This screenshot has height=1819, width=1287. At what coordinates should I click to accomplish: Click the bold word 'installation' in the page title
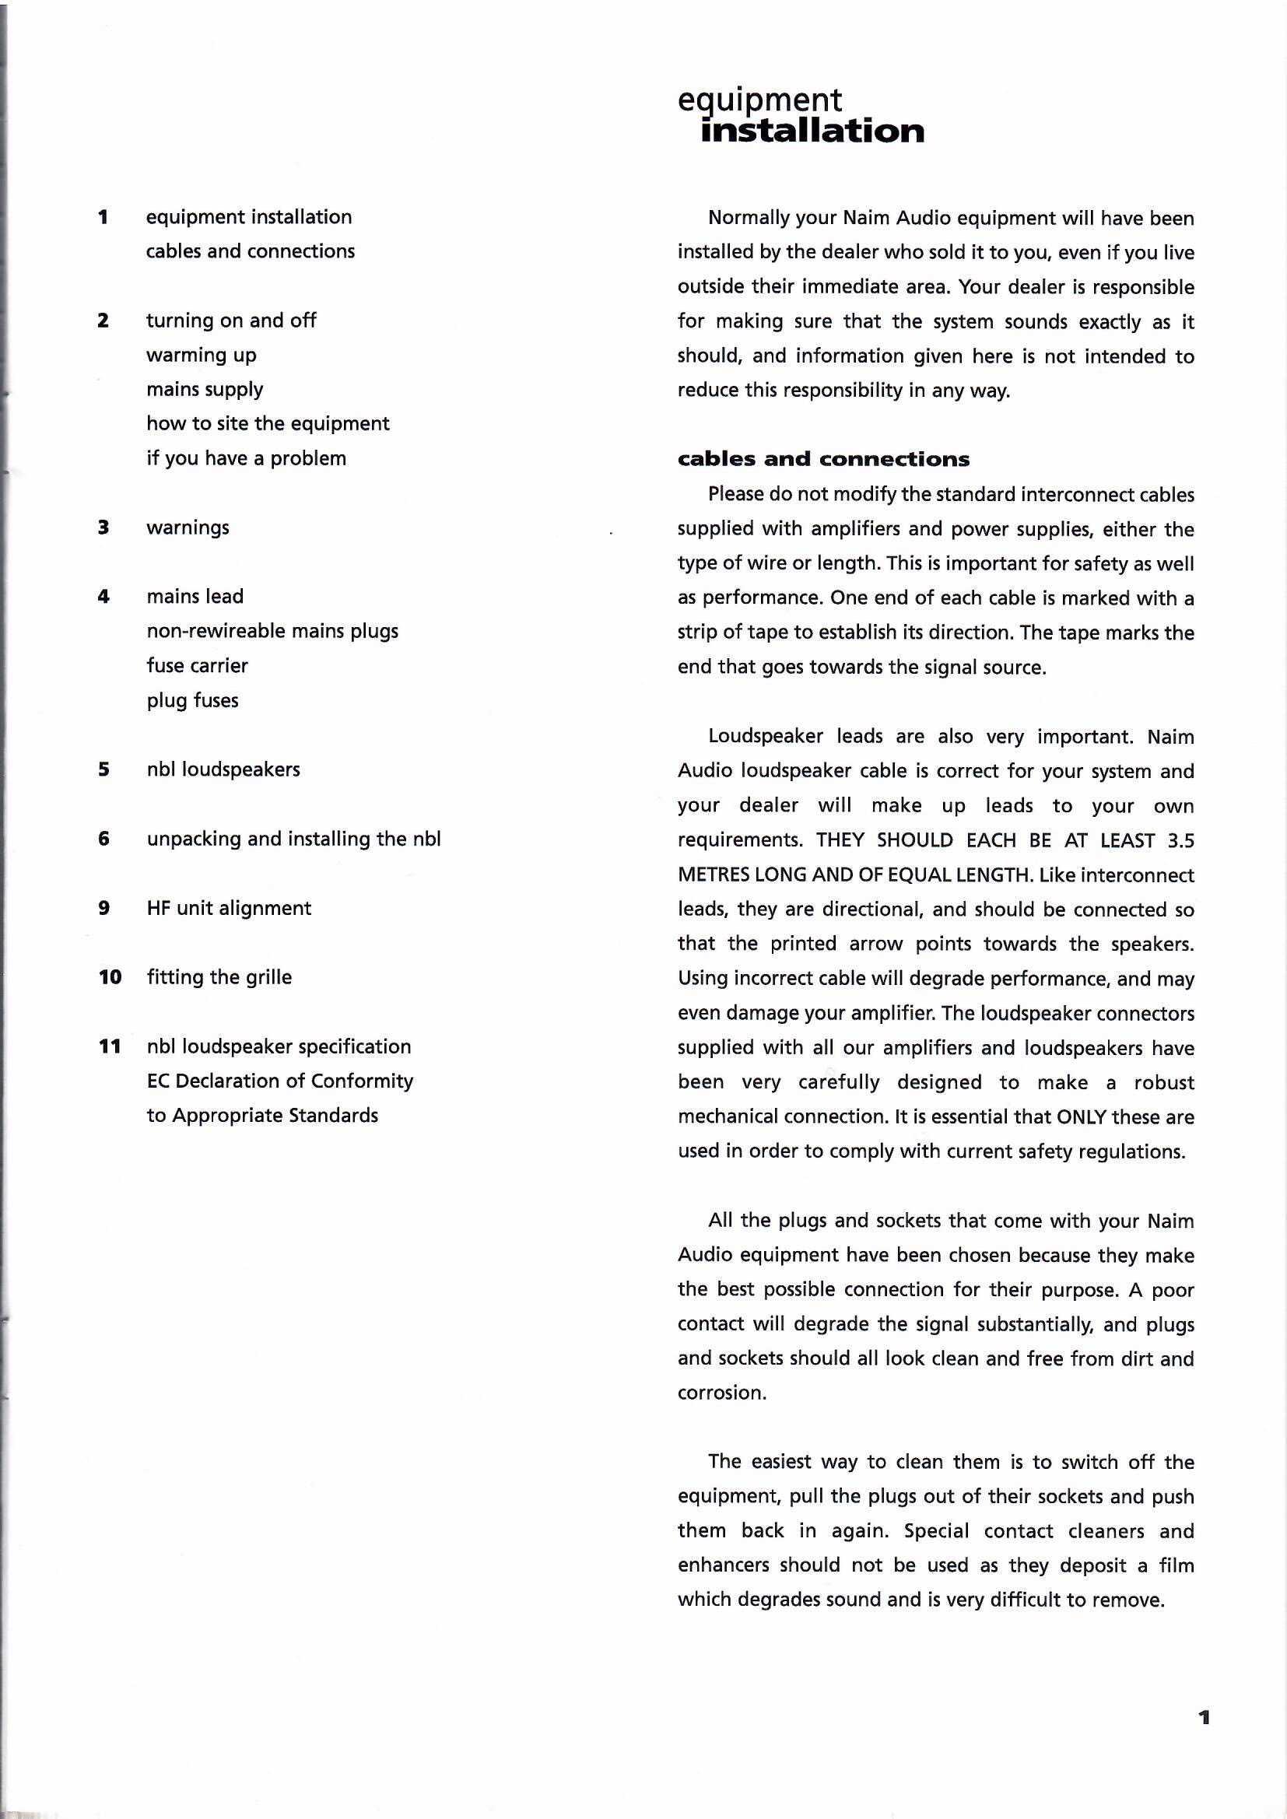coord(812,131)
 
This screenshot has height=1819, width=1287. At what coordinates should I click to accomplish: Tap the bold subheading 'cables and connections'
coord(823,460)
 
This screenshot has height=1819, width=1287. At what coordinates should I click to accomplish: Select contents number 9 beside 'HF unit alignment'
coord(103,908)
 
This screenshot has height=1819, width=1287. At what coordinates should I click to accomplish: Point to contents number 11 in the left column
coord(110,1046)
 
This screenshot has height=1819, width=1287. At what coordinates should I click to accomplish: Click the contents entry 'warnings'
coord(188,527)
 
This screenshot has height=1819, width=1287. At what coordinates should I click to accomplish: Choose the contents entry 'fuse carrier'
coord(198,665)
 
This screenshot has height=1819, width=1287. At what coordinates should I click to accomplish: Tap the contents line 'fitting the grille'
coord(219,978)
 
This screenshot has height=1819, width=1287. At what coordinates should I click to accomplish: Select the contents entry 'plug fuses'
coord(192,700)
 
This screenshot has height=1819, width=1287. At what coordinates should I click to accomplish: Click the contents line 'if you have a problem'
coord(247,459)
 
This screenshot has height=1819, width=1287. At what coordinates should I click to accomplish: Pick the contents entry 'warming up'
coord(202,355)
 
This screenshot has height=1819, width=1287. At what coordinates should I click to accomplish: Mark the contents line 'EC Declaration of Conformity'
coord(280,1081)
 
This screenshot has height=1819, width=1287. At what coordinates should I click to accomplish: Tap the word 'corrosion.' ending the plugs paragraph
coord(722,1393)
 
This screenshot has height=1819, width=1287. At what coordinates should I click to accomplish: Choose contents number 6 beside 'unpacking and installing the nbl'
coord(103,839)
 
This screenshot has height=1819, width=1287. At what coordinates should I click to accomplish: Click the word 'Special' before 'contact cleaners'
coord(936,1531)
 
